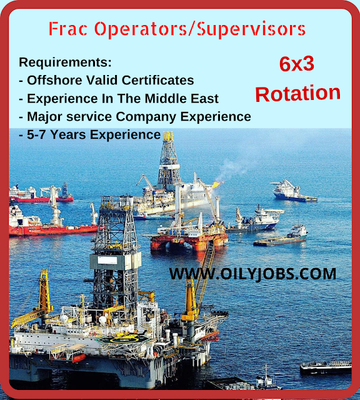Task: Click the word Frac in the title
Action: pos(68,28)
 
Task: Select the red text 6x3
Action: pos(297,64)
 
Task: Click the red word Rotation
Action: pos(297,94)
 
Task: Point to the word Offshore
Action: pos(54,80)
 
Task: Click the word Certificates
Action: pos(157,80)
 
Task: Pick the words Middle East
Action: pos(182,99)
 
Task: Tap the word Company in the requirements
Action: pos(146,117)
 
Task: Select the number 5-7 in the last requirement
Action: pos(37,134)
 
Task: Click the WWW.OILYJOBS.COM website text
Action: pos(252,274)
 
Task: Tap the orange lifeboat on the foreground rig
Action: pos(79,357)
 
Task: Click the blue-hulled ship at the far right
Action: pos(293,192)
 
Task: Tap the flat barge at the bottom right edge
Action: pos(326,367)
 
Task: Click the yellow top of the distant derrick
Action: pos(168,136)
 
